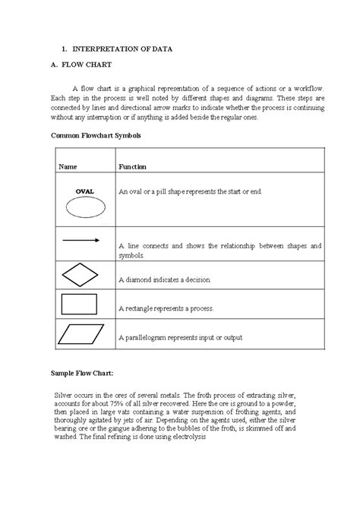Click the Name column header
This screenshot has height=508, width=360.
68,166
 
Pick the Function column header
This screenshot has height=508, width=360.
132,166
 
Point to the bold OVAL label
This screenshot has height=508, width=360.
84,191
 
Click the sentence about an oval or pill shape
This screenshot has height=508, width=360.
189,191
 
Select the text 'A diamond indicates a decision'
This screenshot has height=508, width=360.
164,280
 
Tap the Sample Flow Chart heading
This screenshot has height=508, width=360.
83,374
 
